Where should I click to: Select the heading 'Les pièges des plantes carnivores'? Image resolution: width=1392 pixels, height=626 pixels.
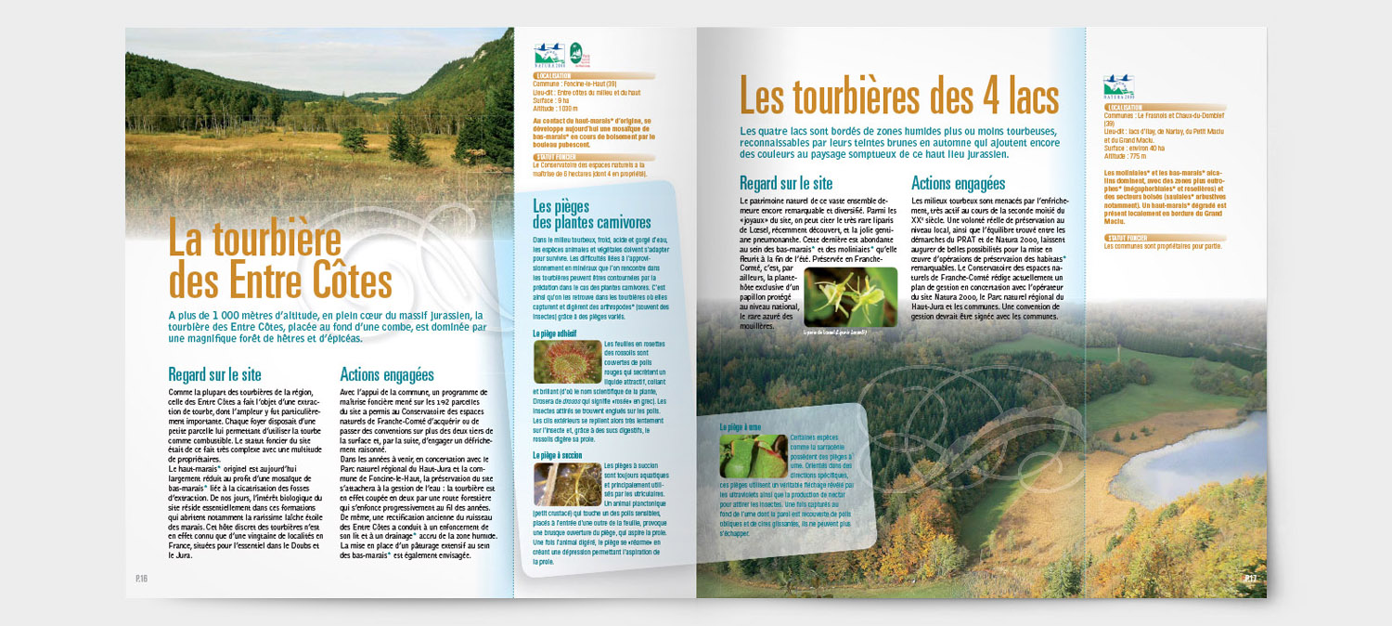pyautogui.click(x=591, y=215)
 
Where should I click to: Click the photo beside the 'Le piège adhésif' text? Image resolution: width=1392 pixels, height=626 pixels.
pyautogui.click(x=566, y=362)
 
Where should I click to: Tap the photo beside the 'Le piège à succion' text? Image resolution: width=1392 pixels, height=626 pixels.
pyautogui.click(x=566, y=485)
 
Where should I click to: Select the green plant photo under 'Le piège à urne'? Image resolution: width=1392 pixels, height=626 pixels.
pyautogui.click(x=753, y=455)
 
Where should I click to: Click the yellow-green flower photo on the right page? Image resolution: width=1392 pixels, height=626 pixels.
pyautogui.click(x=850, y=297)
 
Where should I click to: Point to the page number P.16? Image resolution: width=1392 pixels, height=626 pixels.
pyautogui.click(x=141, y=578)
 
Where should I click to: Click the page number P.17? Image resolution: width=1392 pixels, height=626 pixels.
pyautogui.click(x=1250, y=578)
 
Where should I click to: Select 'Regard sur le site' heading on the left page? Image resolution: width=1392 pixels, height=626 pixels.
pyautogui.click(x=214, y=375)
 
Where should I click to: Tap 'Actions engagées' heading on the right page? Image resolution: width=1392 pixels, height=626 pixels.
pyautogui.click(x=959, y=183)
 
